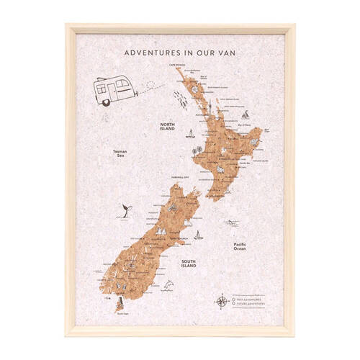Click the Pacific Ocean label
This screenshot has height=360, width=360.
coord(240,247)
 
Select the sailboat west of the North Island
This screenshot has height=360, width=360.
coord(190,134)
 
